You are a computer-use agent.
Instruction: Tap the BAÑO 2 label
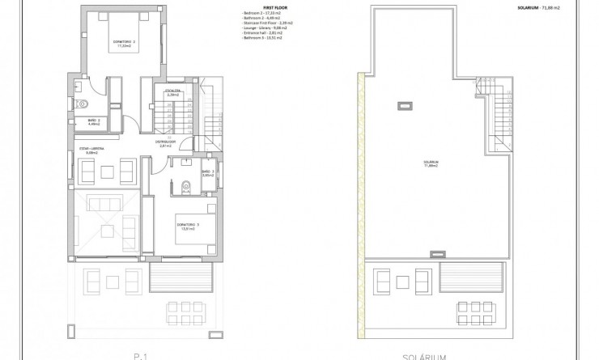click(x=94, y=121)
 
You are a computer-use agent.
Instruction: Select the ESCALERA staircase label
click(x=172, y=92)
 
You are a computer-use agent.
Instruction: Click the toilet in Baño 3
click(x=185, y=186)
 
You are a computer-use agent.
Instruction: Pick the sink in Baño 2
click(x=78, y=85)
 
